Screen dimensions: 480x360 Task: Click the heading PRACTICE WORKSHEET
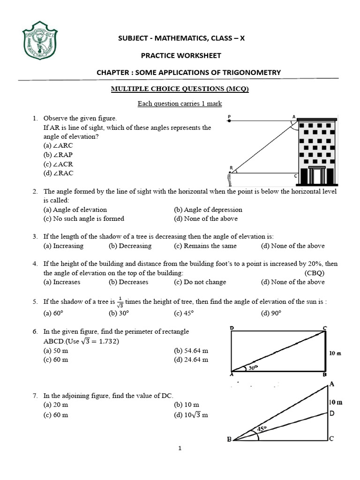click(181, 55)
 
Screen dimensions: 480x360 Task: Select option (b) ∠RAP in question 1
click(58, 155)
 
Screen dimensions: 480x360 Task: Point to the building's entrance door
click(317, 176)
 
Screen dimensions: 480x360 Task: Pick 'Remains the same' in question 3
click(205, 246)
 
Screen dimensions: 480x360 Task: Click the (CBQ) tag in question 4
click(314, 273)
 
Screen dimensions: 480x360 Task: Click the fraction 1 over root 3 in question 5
click(120, 302)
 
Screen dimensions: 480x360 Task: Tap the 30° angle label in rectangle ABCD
click(254, 368)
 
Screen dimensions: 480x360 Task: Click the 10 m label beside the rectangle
click(335, 353)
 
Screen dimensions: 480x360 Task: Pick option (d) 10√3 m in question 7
click(191, 415)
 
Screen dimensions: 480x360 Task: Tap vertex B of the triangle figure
click(229, 439)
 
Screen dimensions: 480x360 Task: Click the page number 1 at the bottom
click(180, 449)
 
